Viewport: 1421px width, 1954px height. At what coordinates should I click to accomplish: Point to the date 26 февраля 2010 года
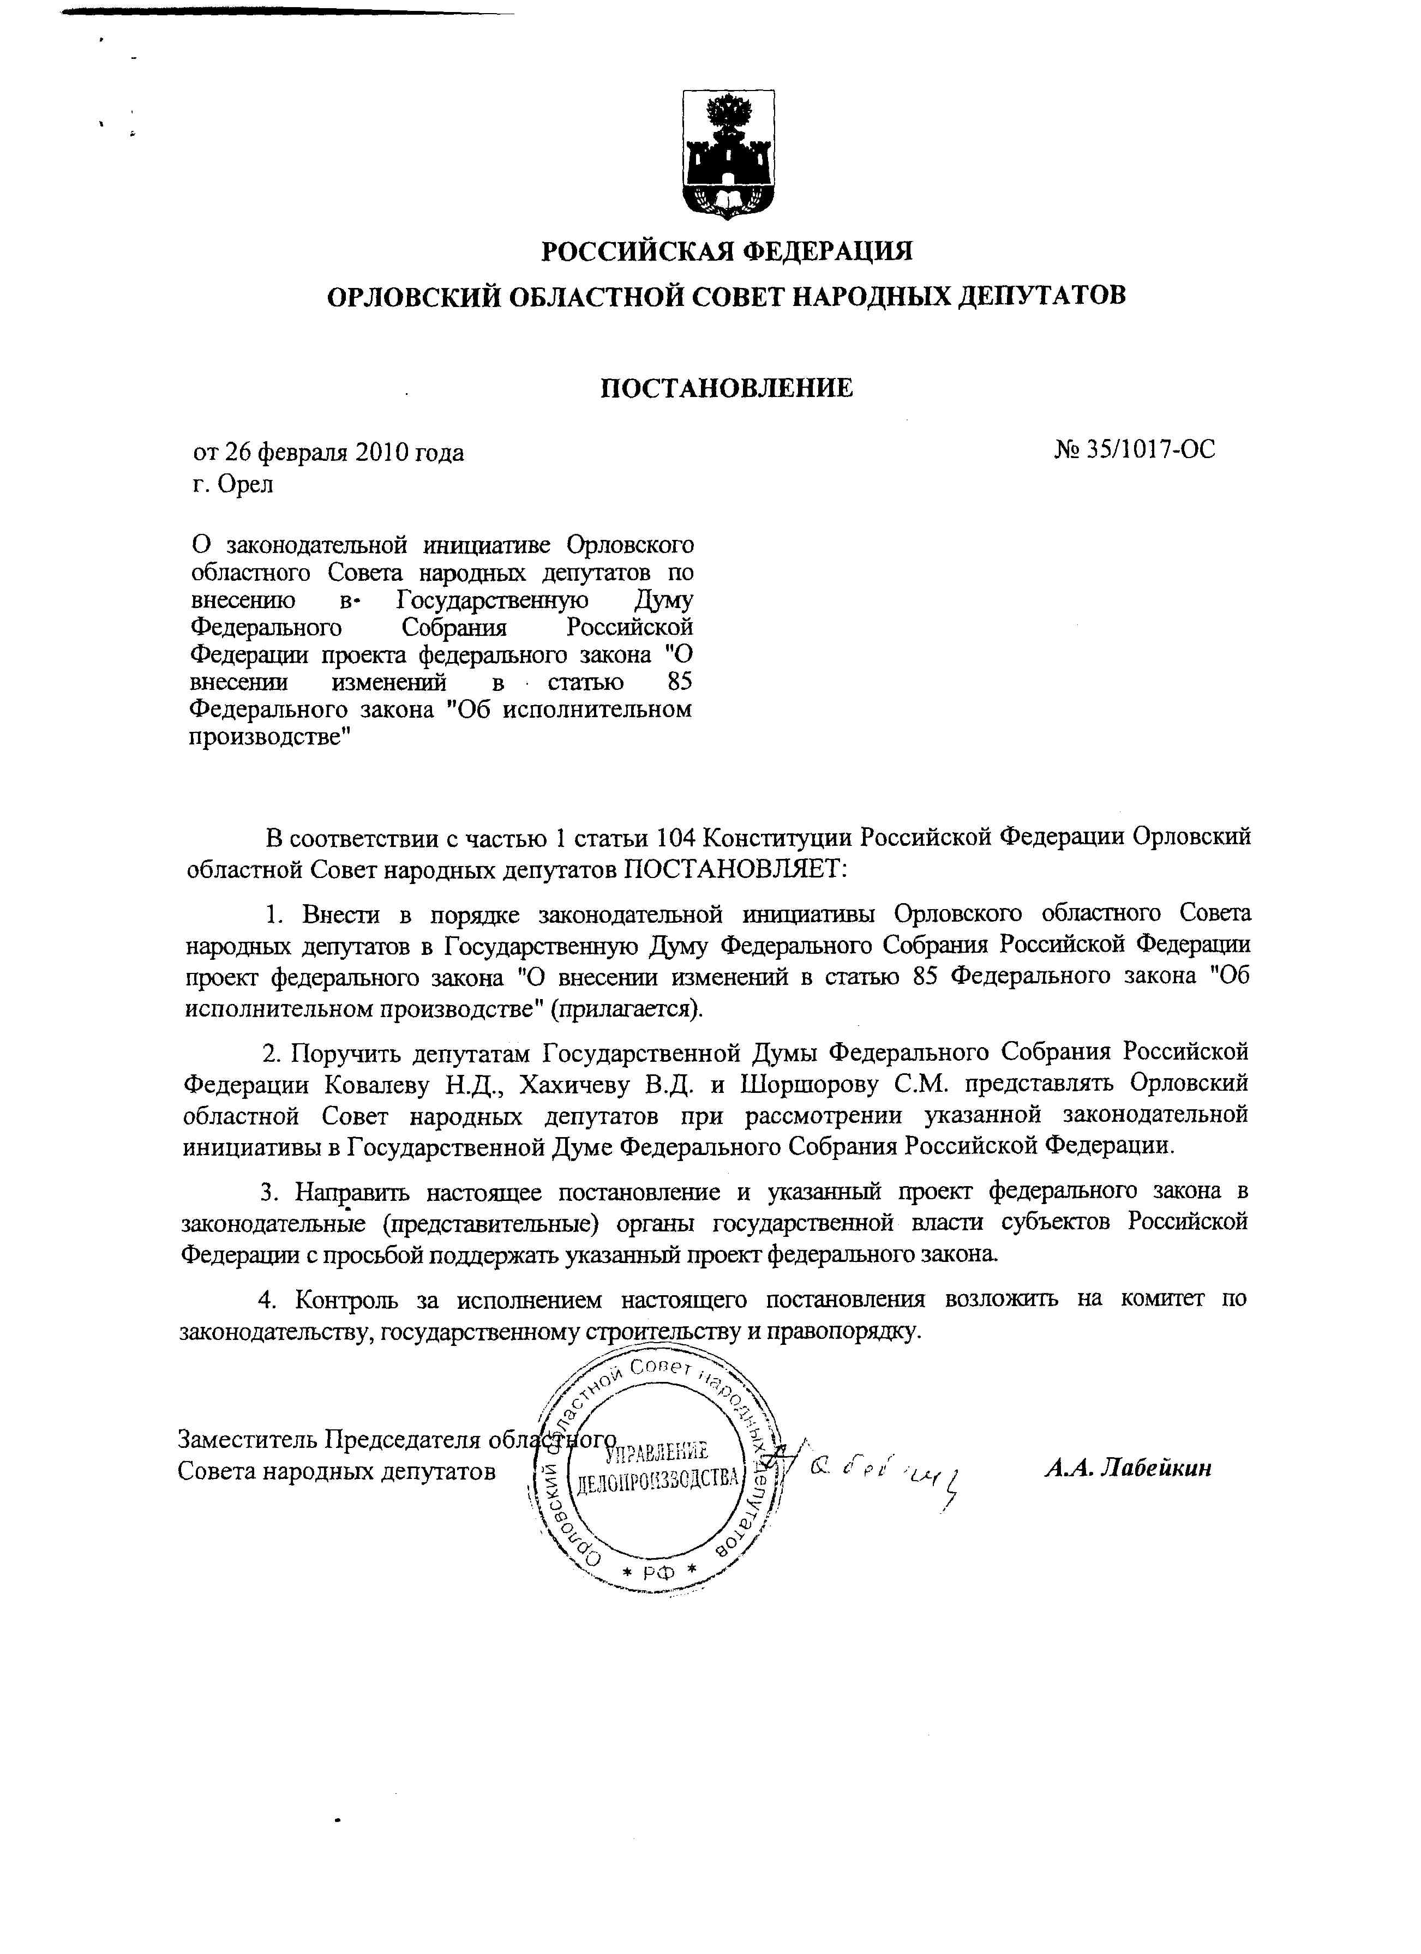tap(343, 452)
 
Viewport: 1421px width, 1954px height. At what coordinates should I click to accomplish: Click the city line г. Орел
tap(233, 484)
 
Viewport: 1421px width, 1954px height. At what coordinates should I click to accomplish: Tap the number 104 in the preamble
tap(676, 838)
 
